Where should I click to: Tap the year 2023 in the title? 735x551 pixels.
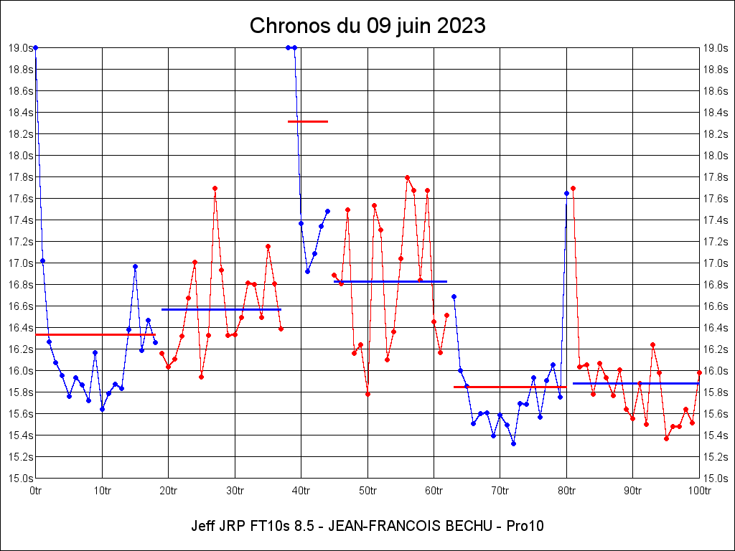pos(459,27)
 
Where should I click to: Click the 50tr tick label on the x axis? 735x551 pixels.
pos(367,491)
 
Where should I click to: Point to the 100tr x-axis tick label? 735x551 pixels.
pos(699,491)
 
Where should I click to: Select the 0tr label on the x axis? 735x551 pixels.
pos(36,491)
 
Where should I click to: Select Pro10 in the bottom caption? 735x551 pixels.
pos(525,526)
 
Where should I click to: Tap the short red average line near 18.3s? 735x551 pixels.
pos(308,121)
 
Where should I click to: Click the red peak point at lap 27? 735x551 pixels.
pos(215,188)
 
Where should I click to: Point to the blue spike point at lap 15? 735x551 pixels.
pos(135,266)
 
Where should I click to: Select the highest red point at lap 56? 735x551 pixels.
pos(407,177)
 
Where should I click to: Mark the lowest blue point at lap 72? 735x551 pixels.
pos(513,443)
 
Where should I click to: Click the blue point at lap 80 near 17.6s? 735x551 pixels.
pos(566,193)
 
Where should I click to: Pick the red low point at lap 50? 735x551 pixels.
pos(367,394)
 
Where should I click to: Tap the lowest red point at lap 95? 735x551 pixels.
pos(666,438)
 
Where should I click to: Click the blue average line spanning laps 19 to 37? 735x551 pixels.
pos(221,309)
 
